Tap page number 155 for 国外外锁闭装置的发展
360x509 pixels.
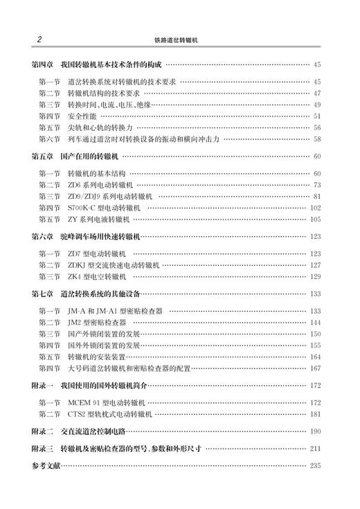click(x=315, y=345)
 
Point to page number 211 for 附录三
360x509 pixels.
click(x=315, y=449)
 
